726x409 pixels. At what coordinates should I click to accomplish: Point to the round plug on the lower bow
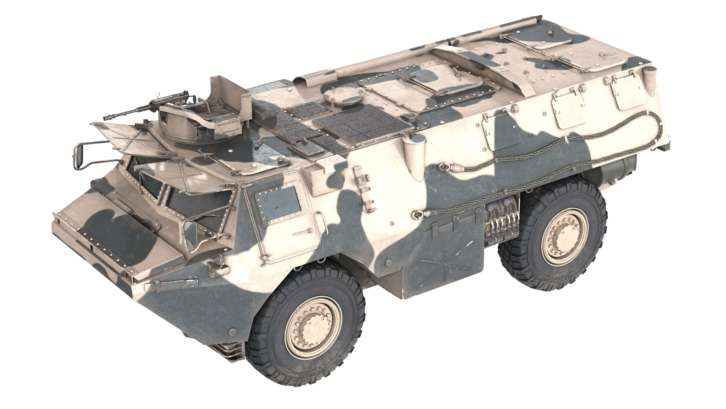click(233, 331)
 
